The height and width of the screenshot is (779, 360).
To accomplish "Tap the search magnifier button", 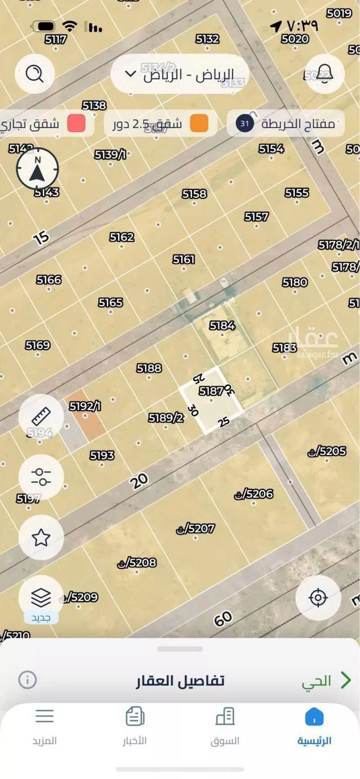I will tap(35, 73).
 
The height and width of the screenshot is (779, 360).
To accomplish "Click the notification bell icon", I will tap(324, 73).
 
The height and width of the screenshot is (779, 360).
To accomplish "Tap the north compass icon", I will tap(37, 169).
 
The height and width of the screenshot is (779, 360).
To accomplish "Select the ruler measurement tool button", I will tap(41, 416).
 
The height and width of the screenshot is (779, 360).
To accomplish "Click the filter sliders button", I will tap(41, 477).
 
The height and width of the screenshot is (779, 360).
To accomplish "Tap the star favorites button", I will tap(41, 537).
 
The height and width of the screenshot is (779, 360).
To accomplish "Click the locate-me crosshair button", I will tap(318, 598).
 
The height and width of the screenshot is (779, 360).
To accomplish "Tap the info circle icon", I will tap(27, 680).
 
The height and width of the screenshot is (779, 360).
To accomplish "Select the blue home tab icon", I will tap(314, 716).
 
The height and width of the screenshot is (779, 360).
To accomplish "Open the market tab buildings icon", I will tap(225, 716).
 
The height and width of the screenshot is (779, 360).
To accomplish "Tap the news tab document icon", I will tap(135, 716).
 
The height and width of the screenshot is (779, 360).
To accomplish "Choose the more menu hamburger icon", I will tap(45, 716).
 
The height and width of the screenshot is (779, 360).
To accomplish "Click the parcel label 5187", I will tap(211, 391).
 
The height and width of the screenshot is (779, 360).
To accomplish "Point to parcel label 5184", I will tap(222, 325).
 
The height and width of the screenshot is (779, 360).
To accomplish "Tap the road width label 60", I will tap(223, 619).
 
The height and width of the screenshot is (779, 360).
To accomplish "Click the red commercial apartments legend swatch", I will tap(76, 123).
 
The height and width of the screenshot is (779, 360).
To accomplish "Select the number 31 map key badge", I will tap(245, 123).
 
